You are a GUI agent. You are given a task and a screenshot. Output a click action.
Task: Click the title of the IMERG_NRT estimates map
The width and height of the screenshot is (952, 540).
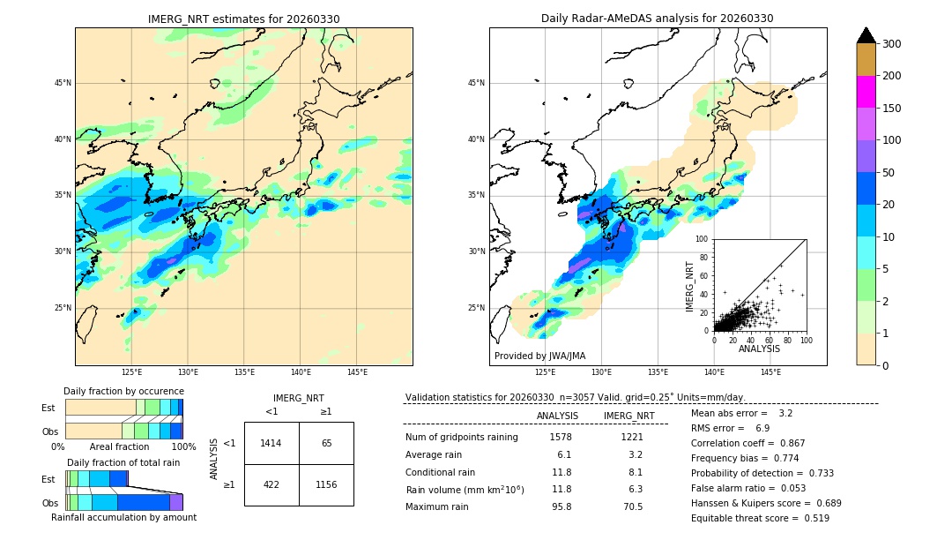click(x=243, y=19)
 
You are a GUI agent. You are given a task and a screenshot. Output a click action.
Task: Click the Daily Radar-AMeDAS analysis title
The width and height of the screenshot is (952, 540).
click(x=658, y=19)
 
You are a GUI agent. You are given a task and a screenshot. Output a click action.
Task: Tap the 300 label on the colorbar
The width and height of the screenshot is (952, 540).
click(x=891, y=43)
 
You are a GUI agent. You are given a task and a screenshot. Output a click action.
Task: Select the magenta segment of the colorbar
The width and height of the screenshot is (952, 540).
click(x=866, y=92)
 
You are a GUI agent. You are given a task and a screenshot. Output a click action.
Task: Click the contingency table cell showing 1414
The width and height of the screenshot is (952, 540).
click(x=271, y=443)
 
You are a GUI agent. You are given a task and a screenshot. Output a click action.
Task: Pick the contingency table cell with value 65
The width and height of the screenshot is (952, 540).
click(x=326, y=443)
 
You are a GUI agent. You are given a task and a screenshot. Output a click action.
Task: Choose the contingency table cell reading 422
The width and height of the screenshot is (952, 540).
click(x=271, y=484)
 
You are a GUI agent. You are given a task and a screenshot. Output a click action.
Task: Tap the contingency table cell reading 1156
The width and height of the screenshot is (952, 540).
click(x=326, y=484)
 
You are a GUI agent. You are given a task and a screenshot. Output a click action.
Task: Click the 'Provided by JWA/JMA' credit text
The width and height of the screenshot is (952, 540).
click(x=539, y=356)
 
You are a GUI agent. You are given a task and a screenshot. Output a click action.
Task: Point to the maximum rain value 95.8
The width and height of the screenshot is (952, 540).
click(x=561, y=506)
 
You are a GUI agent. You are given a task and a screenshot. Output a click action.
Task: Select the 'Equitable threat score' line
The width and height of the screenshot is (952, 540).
click(x=760, y=518)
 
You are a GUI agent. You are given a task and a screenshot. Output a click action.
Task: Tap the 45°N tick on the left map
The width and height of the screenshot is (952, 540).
click(x=63, y=83)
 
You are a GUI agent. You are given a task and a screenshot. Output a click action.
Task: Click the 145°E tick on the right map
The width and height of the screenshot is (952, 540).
click(x=770, y=372)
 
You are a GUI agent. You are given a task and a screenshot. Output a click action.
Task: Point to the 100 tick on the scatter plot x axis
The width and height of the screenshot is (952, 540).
click(x=806, y=340)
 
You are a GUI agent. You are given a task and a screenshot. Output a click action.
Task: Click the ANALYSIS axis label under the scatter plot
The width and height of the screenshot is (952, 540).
click(x=759, y=349)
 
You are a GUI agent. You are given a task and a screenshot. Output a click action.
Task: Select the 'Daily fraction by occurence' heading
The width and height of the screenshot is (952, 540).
click(x=123, y=391)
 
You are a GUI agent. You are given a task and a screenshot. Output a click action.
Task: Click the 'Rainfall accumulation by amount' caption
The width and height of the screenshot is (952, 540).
click(x=123, y=517)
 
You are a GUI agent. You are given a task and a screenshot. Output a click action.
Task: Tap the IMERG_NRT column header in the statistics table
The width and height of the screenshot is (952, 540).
click(x=628, y=416)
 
